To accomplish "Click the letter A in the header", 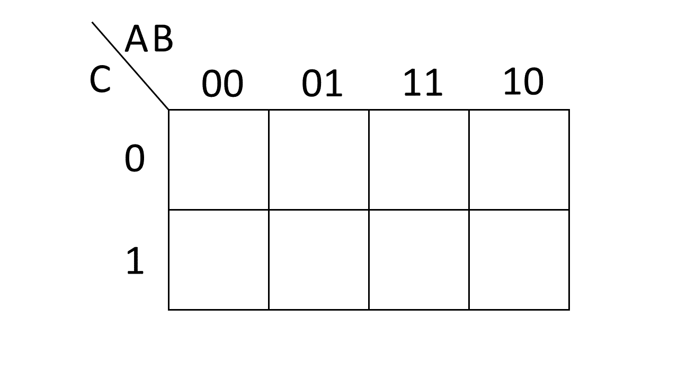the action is click(136, 40).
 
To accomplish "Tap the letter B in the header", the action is click(163, 39).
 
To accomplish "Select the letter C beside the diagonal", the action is click(100, 80).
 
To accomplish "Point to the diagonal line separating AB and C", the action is click(130, 66).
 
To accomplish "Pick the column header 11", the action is click(422, 83).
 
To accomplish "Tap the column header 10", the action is click(523, 82).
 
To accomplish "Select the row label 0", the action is click(135, 159).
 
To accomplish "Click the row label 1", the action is click(135, 261).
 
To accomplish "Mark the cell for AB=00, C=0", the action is click(219, 160).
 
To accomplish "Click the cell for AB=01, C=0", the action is click(319, 160).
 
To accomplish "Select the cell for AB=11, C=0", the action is click(419, 160).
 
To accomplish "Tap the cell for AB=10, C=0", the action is click(519, 160).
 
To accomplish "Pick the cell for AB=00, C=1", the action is click(219, 260).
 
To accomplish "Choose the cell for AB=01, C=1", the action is click(319, 260).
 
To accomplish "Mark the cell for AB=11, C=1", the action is click(419, 260).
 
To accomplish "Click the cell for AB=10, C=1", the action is click(519, 260).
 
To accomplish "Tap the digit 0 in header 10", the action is click(532, 82).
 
